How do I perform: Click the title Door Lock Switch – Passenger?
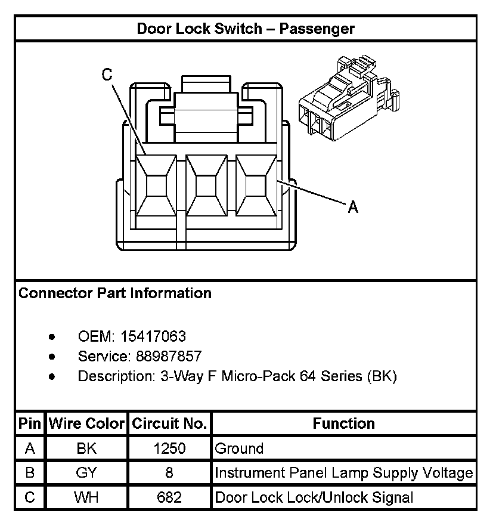point(246,29)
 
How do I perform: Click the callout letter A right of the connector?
point(353,207)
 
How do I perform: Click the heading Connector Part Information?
point(115,293)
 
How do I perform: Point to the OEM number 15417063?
point(153,336)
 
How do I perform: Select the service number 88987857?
point(169,357)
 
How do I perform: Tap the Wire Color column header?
point(86,424)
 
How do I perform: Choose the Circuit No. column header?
point(169,424)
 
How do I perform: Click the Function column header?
point(344,424)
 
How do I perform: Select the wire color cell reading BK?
point(86,448)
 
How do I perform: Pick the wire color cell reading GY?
point(86,473)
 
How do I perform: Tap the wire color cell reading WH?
point(86,497)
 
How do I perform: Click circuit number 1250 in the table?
point(169,448)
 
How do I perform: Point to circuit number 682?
point(169,497)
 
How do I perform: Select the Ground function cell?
point(239,448)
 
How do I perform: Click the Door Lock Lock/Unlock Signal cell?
point(314,497)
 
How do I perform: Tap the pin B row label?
point(30,473)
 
